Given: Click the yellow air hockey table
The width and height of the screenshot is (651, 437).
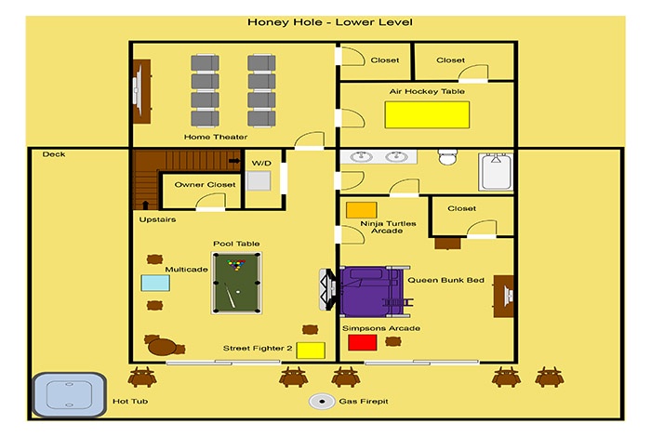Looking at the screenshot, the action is point(427,114).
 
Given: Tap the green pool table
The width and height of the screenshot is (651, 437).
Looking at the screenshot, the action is point(236,283).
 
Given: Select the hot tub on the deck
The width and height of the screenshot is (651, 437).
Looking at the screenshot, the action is point(70,394).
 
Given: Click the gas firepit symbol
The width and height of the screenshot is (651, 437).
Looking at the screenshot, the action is point(322,402).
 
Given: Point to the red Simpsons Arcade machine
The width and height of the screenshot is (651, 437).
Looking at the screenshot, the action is point(362,343).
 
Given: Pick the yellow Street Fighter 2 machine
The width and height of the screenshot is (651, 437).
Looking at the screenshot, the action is point(311,351).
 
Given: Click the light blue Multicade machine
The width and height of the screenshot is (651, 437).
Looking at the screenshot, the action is point(155,283).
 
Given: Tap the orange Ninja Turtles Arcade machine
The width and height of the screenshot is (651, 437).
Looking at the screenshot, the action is point(361,210).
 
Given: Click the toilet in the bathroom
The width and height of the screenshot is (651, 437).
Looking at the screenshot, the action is point(447,157).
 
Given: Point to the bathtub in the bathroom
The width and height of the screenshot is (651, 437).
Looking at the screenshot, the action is point(496,172).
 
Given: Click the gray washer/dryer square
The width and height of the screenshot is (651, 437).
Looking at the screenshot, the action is point(259,180).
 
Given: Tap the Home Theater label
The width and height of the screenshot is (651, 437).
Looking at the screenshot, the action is point(216,137).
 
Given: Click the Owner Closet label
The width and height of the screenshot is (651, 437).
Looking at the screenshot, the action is point(205,185).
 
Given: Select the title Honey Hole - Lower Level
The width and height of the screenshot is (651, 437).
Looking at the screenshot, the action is point(330,22).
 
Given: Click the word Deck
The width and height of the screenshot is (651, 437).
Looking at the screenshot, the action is point(54,154).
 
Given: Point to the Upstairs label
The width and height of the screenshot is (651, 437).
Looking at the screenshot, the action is point(157,219).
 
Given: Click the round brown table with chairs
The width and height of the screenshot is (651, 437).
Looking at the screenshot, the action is point(163,347).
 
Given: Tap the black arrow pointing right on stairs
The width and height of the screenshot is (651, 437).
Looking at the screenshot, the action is point(234,161).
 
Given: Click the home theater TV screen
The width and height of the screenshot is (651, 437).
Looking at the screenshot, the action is point(136,91).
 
